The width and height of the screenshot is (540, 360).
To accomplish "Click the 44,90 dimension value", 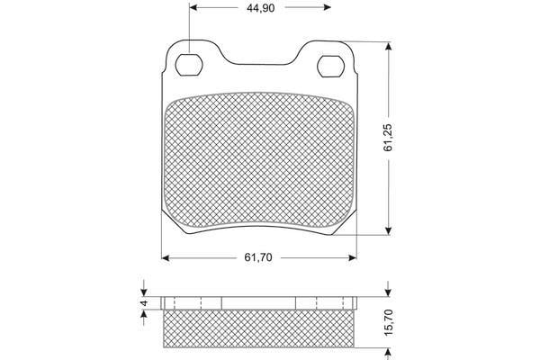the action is coord(260,8).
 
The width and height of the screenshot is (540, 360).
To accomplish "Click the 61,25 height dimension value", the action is coord(388,138).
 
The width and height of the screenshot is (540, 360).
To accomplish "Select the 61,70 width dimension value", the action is coord(258,257).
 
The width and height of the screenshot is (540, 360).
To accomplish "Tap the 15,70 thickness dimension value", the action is coord(388,323).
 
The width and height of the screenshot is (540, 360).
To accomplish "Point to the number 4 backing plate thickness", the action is coord(144,303).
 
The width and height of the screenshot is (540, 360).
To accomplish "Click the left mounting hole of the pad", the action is coord(189,65).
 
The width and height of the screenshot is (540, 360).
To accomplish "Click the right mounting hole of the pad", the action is coord(330,66).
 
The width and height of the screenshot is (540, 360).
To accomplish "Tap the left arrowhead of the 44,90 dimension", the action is coord(193,7).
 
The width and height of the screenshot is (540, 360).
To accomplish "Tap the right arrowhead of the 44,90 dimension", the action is coord(327,7).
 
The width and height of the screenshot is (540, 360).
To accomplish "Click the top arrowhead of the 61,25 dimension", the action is coord(389,47).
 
